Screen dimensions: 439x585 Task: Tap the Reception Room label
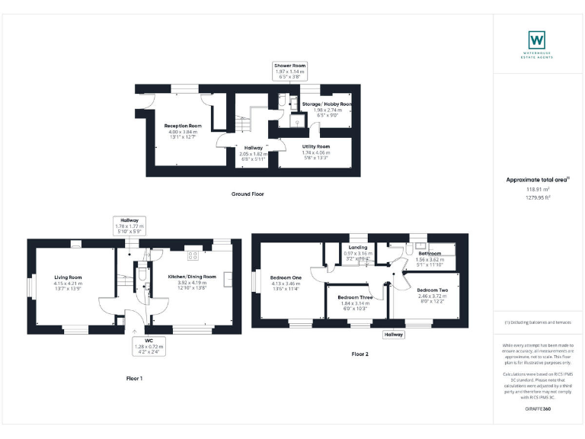[x=184, y=126]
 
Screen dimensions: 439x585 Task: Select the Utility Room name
[x=316, y=146]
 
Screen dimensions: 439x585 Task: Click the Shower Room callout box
[x=289, y=72]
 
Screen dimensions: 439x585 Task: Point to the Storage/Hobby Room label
[x=327, y=104]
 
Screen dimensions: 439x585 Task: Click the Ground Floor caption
[x=248, y=194]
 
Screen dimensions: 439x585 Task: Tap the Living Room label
[x=68, y=278]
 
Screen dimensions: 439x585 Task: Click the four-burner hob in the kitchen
[x=193, y=255]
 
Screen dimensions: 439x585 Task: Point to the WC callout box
[x=149, y=348]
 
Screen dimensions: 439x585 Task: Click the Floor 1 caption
[x=135, y=378]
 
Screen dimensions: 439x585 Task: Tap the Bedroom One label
[x=286, y=277]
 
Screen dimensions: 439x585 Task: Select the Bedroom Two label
[x=432, y=291]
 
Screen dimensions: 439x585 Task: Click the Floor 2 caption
[x=360, y=354]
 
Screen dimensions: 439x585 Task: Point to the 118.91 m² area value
[x=539, y=189]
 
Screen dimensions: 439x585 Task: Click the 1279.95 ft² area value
[x=539, y=197]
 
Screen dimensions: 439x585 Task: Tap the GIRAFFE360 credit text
[x=539, y=410]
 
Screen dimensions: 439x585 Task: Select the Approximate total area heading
[x=538, y=179]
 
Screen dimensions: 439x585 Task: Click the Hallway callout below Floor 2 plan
[x=394, y=335]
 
